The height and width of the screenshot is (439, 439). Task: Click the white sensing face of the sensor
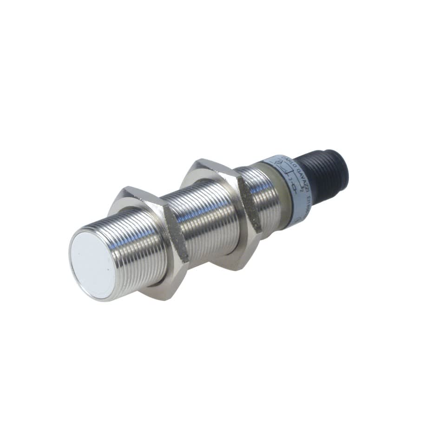[x=92, y=263]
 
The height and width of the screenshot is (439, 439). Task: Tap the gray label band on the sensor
[x=290, y=186]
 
